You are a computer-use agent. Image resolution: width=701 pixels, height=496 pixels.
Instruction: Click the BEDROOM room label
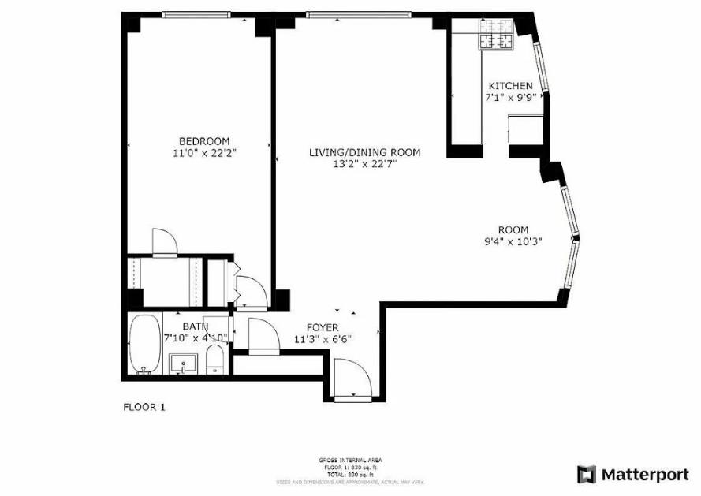click(x=203, y=141)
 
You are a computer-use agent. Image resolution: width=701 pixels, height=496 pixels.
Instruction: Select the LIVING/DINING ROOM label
click(x=364, y=152)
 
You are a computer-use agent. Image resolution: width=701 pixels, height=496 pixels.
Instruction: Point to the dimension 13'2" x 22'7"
click(x=364, y=164)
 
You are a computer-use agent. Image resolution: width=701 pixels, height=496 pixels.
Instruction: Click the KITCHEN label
click(x=510, y=86)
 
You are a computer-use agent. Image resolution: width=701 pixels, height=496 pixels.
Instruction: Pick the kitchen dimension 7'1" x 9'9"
click(x=510, y=98)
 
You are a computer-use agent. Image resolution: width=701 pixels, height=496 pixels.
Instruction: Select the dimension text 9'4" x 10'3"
click(x=513, y=242)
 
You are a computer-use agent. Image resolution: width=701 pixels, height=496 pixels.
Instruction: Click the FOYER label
click(x=323, y=327)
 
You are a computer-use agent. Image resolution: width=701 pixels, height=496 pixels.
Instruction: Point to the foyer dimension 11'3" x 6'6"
click(x=323, y=339)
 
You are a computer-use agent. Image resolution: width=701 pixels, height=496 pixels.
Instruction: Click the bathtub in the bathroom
click(x=144, y=344)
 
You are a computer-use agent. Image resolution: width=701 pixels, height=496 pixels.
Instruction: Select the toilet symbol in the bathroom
click(x=215, y=360)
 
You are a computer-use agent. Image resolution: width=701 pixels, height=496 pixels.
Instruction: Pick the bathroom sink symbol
click(x=184, y=364)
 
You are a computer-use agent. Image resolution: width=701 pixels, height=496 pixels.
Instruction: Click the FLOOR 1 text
click(x=144, y=408)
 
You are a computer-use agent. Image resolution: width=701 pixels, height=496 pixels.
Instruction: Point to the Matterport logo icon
click(x=587, y=474)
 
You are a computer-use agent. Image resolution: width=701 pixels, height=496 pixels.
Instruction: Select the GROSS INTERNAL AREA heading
click(x=350, y=459)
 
